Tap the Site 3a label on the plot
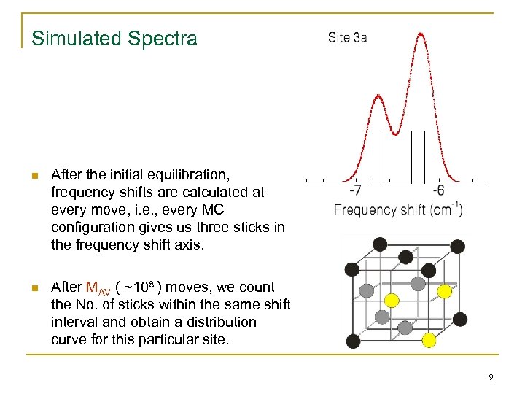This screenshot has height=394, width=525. pos(347,37)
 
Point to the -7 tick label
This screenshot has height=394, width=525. pos(355,190)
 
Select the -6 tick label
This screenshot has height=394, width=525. pos(438,190)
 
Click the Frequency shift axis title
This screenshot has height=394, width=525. pos(397,210)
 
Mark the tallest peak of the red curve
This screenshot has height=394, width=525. pos(421,34)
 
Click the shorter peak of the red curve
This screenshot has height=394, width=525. pos(377,96)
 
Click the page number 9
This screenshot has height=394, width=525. pos(491,377)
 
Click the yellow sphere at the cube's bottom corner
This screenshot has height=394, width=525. pos(429,339)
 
